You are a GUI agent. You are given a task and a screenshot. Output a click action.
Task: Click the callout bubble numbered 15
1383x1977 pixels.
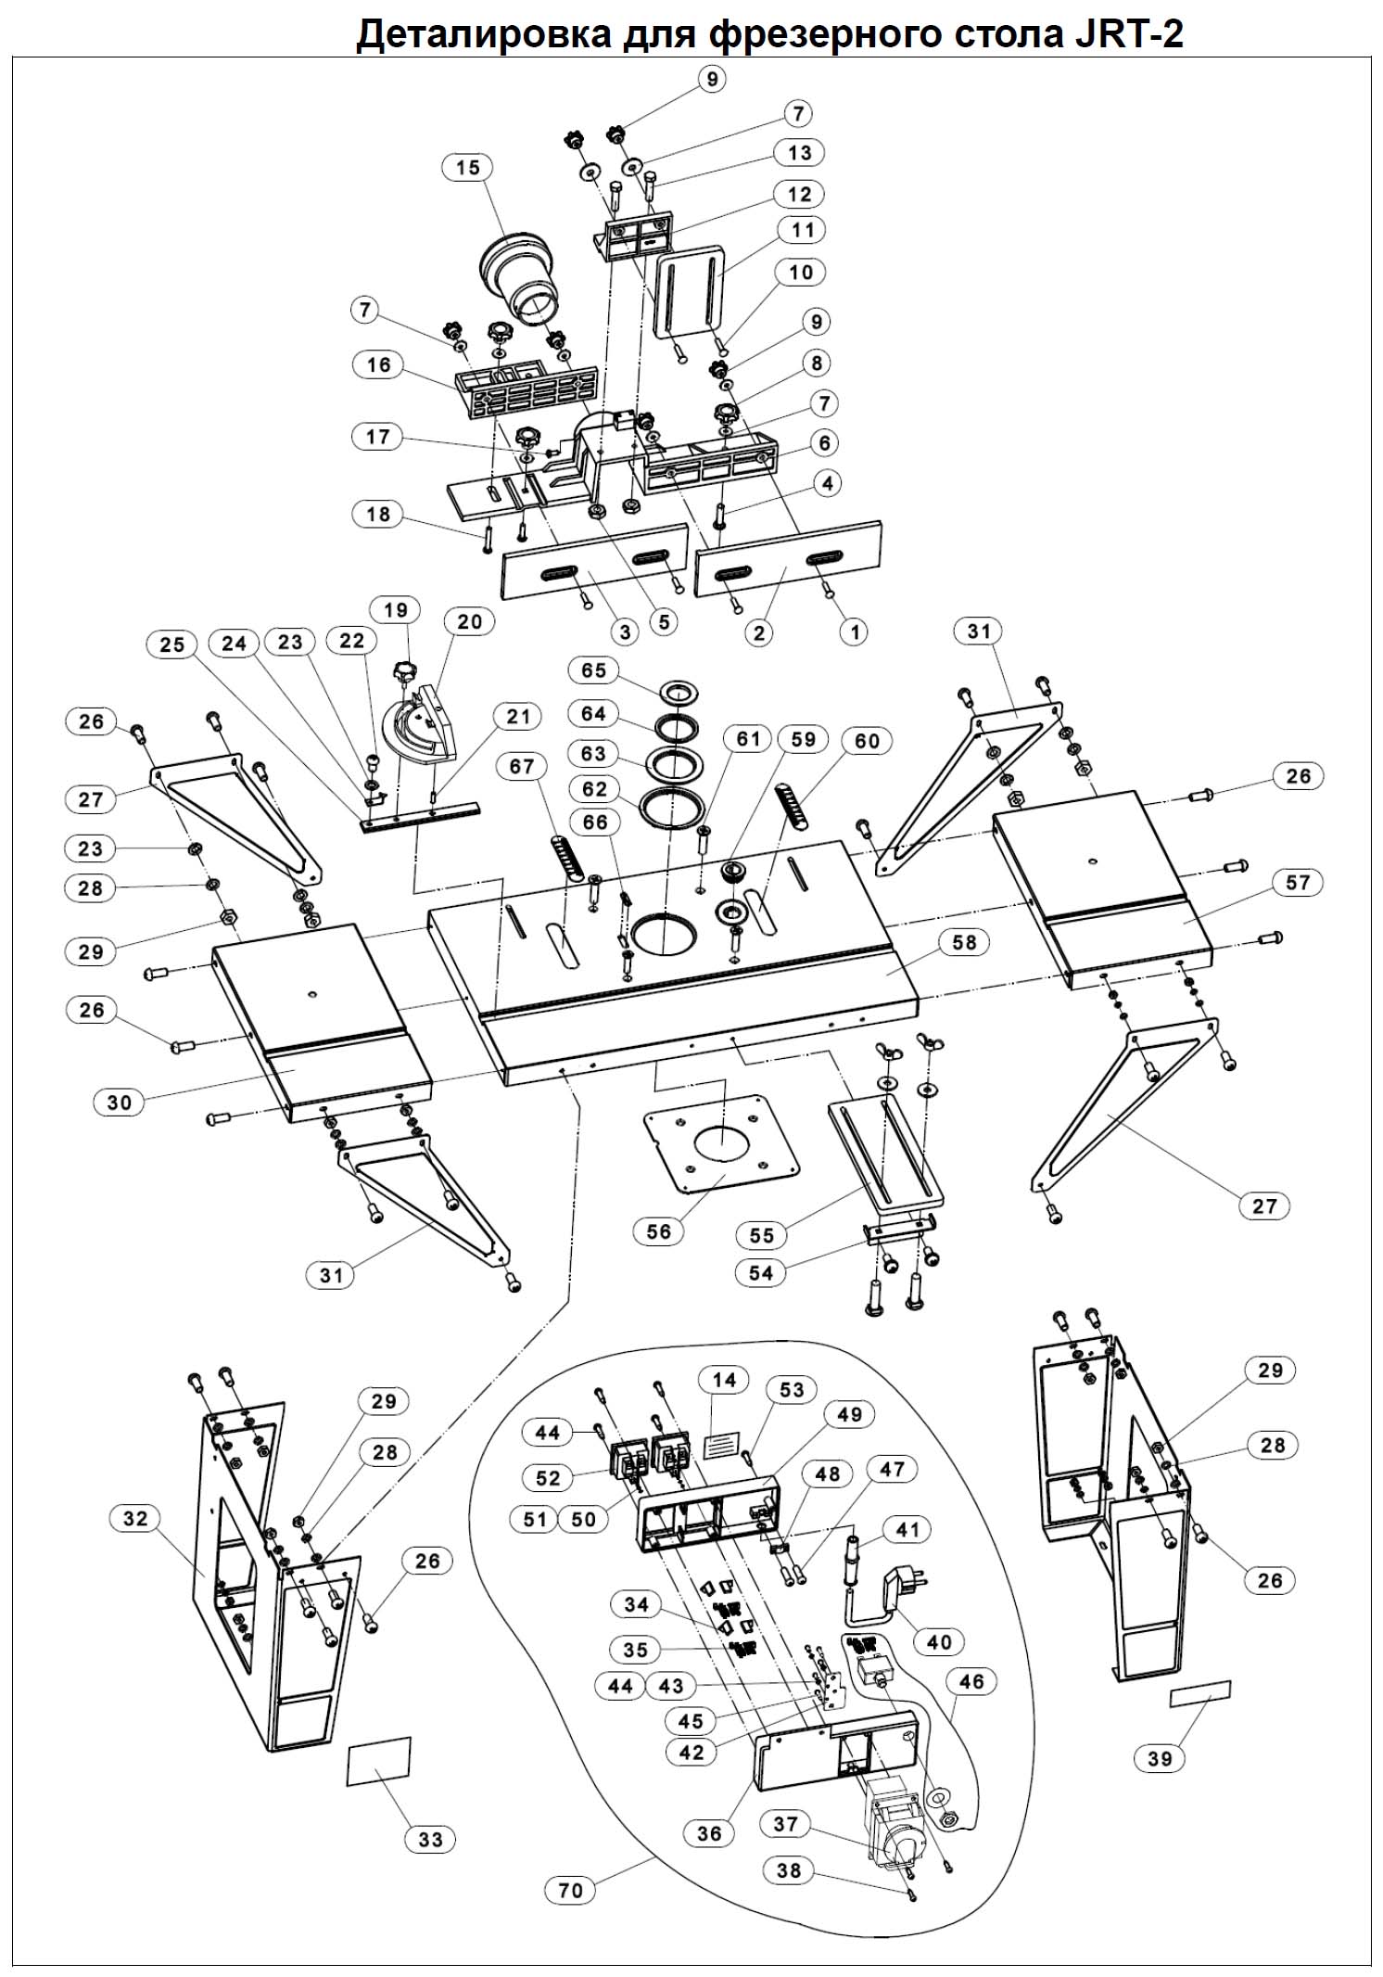tap(468, 167)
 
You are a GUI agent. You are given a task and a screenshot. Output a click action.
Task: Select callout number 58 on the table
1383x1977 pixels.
tap(964, 942)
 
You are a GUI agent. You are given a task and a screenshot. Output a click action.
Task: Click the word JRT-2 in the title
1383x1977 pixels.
tap(1130, 35)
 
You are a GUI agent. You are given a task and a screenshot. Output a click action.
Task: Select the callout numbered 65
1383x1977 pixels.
tap(593, 670)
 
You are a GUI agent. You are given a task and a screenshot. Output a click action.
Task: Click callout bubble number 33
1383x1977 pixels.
tap(430, 1839)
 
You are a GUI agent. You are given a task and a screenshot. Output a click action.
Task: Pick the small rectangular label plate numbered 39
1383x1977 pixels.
tap(1200, 1693)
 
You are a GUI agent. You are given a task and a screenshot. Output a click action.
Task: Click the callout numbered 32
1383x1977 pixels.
tap(135, 1518)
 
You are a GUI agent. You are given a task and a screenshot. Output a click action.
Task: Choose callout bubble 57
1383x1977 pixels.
tap(1298, 882)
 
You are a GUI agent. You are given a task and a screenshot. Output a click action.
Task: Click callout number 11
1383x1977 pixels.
tap(803, 230)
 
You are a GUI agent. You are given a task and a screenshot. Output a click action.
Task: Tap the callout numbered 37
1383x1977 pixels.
tap(785, 1824)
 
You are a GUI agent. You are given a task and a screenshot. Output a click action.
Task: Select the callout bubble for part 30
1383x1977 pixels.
tap(120, 1103)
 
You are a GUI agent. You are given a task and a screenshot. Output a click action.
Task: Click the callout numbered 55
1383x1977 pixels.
tap(761, 1235)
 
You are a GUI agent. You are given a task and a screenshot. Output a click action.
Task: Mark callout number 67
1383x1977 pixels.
tap(522, 767)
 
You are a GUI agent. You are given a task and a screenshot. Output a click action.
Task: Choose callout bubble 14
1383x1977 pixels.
tap(724, 1380)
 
